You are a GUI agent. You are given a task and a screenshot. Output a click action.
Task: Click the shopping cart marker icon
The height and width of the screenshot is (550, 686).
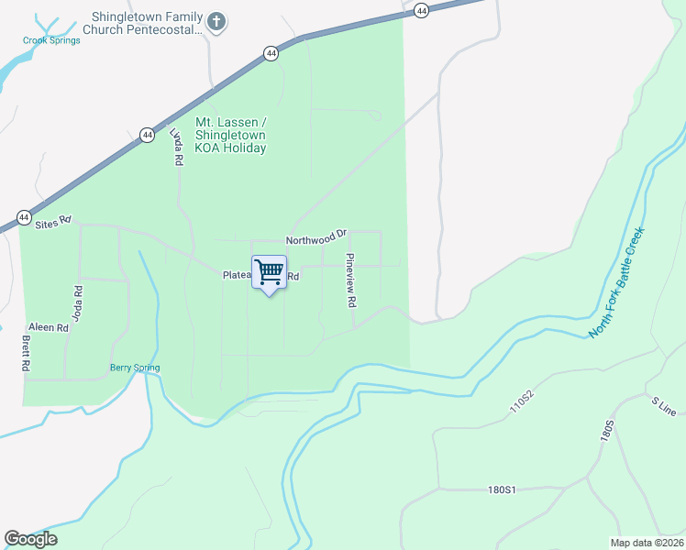[x=269, y=272]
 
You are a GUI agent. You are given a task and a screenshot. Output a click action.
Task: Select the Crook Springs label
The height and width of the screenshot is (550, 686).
[x=51, y=39]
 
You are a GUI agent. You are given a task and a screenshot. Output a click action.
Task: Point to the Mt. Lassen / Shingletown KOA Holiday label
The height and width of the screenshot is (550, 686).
[x=230, y=135]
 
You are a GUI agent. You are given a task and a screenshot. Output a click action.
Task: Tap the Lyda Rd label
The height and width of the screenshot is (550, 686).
[x=176, y=146]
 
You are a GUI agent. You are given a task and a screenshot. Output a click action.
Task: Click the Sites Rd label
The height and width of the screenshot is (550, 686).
[x=52, y=223]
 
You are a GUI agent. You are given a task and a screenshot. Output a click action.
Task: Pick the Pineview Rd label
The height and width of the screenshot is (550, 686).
[x=349, y=280]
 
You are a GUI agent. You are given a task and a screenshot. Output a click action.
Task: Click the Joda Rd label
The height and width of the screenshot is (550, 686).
[x=78, y=301]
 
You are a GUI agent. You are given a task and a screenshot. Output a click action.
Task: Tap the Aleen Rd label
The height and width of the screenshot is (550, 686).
[x=49, y=327]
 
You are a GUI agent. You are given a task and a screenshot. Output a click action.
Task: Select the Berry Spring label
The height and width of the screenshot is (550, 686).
[x=135, y=368]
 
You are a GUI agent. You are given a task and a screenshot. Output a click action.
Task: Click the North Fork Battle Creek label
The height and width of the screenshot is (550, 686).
[x=618, y=282]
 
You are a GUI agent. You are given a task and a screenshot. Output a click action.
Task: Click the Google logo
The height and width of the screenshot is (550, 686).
[x=30, y=539]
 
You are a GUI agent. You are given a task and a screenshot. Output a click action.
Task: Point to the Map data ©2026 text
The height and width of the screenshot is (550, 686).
[x=647, y=543]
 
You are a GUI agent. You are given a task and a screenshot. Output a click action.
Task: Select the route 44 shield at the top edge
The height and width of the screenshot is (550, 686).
[x=421, y=10]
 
